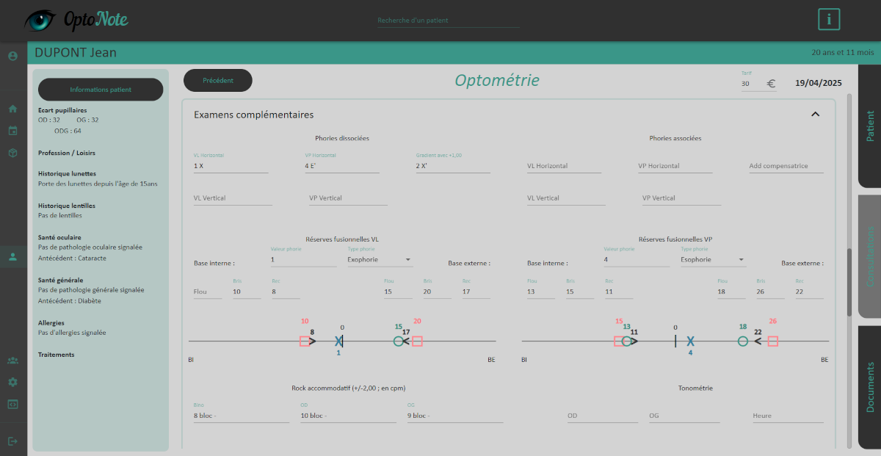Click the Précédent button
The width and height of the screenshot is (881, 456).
218,81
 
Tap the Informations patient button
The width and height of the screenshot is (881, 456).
101,90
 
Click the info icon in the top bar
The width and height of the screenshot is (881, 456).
829,20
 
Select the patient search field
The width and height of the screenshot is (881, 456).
448,21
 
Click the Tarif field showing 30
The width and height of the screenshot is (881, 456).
751,84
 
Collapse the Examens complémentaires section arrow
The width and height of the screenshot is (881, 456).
815,115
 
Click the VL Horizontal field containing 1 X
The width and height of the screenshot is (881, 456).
231,166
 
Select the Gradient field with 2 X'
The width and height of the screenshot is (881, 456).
452,166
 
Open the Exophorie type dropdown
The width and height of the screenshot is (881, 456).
380,259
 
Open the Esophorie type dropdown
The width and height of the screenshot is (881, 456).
713,259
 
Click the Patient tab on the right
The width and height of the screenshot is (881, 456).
870,126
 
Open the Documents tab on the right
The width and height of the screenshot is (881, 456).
870,386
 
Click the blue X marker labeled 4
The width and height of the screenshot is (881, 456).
690,341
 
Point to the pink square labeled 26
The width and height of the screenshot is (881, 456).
772,341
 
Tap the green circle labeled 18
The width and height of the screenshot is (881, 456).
743,341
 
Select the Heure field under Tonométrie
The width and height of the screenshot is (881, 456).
787,416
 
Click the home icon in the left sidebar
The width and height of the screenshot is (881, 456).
12,109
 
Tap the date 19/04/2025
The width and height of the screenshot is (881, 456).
818,83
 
